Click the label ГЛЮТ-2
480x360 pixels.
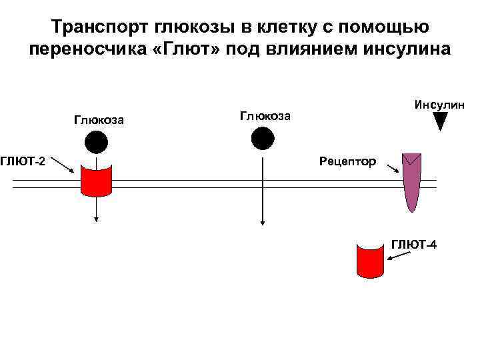point(23,161)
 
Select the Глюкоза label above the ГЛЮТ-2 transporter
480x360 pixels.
point(98,120)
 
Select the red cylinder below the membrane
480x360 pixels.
point(371,261)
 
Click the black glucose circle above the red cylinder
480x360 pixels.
point(96,142)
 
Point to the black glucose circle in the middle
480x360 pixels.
point(262,137)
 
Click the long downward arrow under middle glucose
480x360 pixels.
point(263,193)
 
